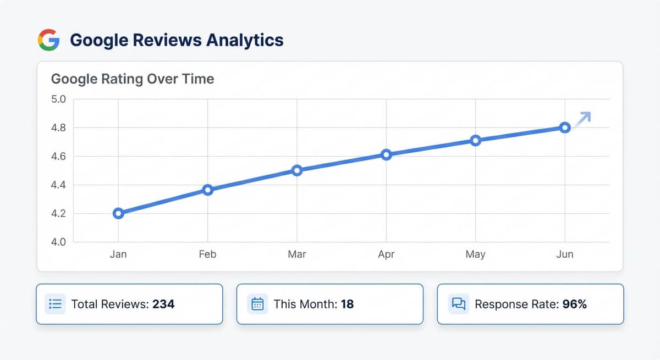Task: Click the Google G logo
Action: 48,40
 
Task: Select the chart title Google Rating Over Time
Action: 133,79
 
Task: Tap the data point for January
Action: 118,213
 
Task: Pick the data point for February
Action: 207,190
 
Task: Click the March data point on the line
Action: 297,170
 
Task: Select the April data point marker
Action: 386,154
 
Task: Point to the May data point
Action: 476,140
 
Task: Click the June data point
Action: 565,128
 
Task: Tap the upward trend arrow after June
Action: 583,119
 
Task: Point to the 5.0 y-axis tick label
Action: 58,99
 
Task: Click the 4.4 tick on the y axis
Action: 58,185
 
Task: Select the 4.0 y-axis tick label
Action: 58,242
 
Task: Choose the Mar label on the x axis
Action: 297,254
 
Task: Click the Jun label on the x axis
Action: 565,254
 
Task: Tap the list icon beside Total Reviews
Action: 55,304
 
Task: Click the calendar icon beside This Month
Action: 257,304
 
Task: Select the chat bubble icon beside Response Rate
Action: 458,304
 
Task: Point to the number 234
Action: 163,304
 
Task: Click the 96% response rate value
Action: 575,304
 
